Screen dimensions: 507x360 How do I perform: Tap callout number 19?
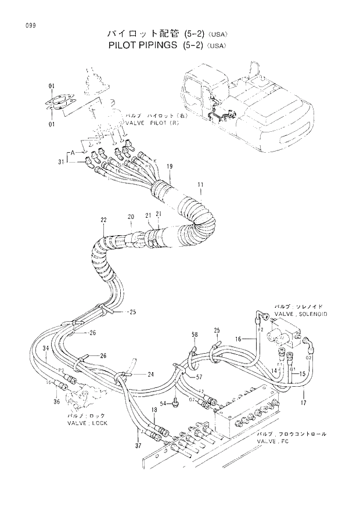point(170,167)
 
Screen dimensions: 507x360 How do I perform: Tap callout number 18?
point(154,411)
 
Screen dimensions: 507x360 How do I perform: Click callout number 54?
point(164,403)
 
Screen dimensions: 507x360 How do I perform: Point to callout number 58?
point(195,335)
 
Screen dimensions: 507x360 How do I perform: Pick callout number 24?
point(150,374)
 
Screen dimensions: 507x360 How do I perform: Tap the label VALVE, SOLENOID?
point(301,313)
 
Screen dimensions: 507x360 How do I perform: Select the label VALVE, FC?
point(273,441)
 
